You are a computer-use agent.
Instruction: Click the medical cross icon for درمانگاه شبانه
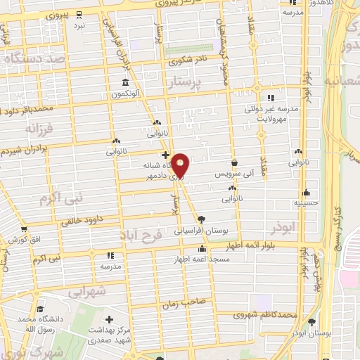tap(165, 155)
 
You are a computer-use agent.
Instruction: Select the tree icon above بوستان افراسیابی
tap(202, 219)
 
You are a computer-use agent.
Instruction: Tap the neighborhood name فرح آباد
tap(141, 234)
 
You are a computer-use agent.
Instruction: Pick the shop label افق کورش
tap(27, 239)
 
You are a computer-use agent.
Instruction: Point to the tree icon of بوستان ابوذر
tap(311, 321)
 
